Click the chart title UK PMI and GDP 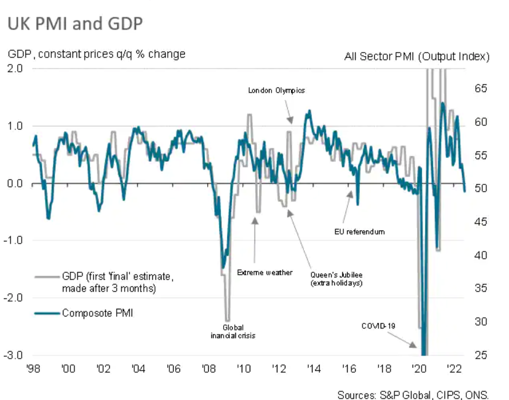(74, 25)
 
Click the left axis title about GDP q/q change (96, 54)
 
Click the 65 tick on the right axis (480, 88)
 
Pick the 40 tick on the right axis (480, 255)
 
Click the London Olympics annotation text (276, 90)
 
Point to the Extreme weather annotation (265, 273)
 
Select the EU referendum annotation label (359, 232)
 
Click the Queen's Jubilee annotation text (336, 279)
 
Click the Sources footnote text (412, 395)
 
